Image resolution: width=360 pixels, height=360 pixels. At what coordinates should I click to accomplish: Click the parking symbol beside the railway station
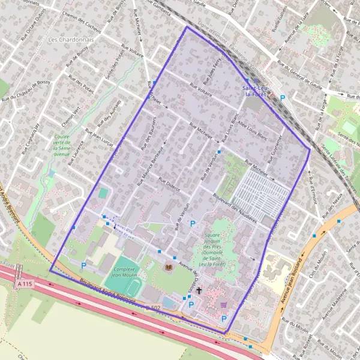282,97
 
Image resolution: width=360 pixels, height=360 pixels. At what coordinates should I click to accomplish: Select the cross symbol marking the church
199,290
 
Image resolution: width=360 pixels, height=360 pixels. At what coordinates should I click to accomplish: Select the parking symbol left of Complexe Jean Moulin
83,265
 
